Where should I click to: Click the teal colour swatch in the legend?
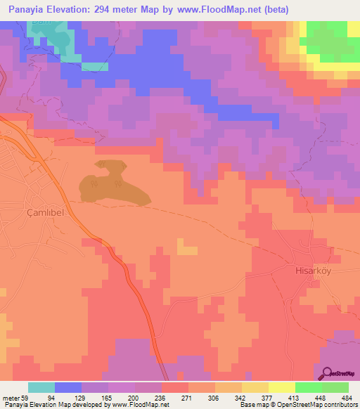click(x=41, y=387)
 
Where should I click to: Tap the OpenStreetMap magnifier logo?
click(x=328, y=373)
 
